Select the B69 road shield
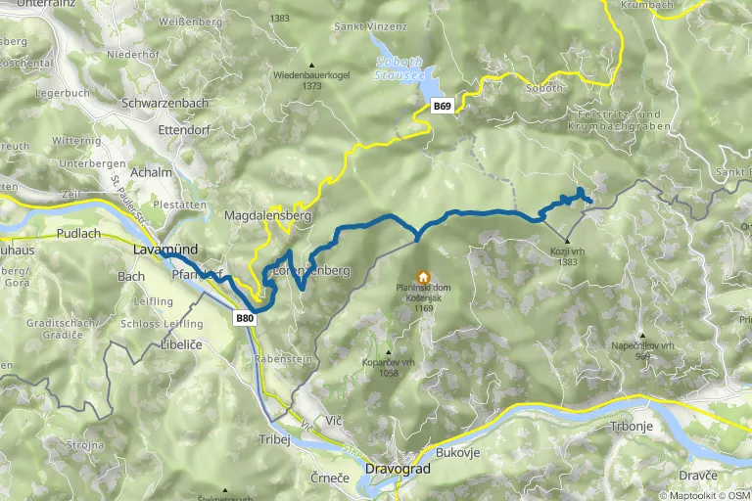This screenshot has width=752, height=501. tap(443, 107)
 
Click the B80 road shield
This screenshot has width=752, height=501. tap(245, 318)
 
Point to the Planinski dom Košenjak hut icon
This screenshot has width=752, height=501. tap(423, 277)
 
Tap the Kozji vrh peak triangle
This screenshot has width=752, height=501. tap(567, 240)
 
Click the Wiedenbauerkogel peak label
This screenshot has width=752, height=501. tap(311, 74)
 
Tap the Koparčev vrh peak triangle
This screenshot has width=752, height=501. tap(389, 353)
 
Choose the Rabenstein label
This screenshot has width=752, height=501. tap(282, 358)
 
